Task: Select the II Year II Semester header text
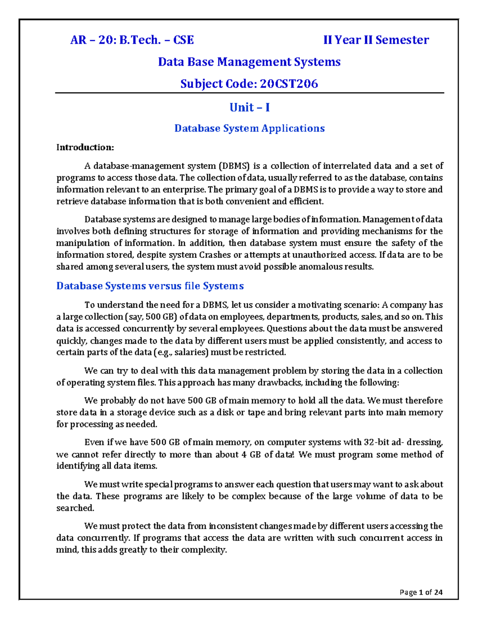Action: (x=376, y=40)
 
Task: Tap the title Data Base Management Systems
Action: (x=249, y=62)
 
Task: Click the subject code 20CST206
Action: (x=289, y=84)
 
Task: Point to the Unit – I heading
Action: (x=249, y=107)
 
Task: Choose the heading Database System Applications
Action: (x=249, y=128)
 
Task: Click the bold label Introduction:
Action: (x=85, y=147)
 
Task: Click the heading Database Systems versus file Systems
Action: (x=150, y=286)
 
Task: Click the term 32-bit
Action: (x=377, y=442)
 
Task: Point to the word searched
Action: (x=75, y=508)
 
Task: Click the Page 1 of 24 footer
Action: (x=421, y=592)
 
